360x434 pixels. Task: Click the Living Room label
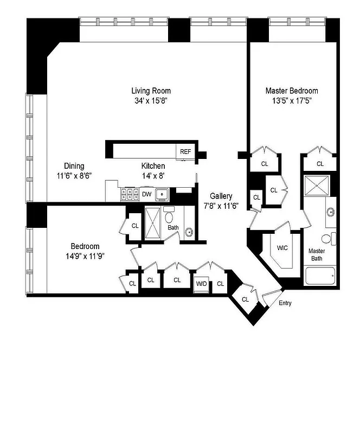tap(151, 91)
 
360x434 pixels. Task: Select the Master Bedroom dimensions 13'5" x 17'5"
tap(291, 100)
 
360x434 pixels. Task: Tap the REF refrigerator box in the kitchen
tap(185, 151)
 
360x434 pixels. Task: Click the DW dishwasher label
tap(146, 194)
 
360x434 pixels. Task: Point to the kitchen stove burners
tap(130, 194)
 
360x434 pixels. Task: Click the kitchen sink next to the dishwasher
tap(162, 194)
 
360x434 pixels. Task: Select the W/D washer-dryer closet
tap(201, 283)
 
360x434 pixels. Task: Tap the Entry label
tap(285, 303)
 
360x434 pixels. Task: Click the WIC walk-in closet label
tap(282, 247)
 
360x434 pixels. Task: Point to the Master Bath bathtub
tap(320, 276)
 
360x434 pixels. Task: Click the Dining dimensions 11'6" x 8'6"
tap(74, 175)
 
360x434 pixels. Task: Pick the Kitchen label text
tap(153, 166)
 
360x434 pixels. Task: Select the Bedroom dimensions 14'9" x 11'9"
tap(85, 256)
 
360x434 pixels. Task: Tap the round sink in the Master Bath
tap(330, 211)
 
